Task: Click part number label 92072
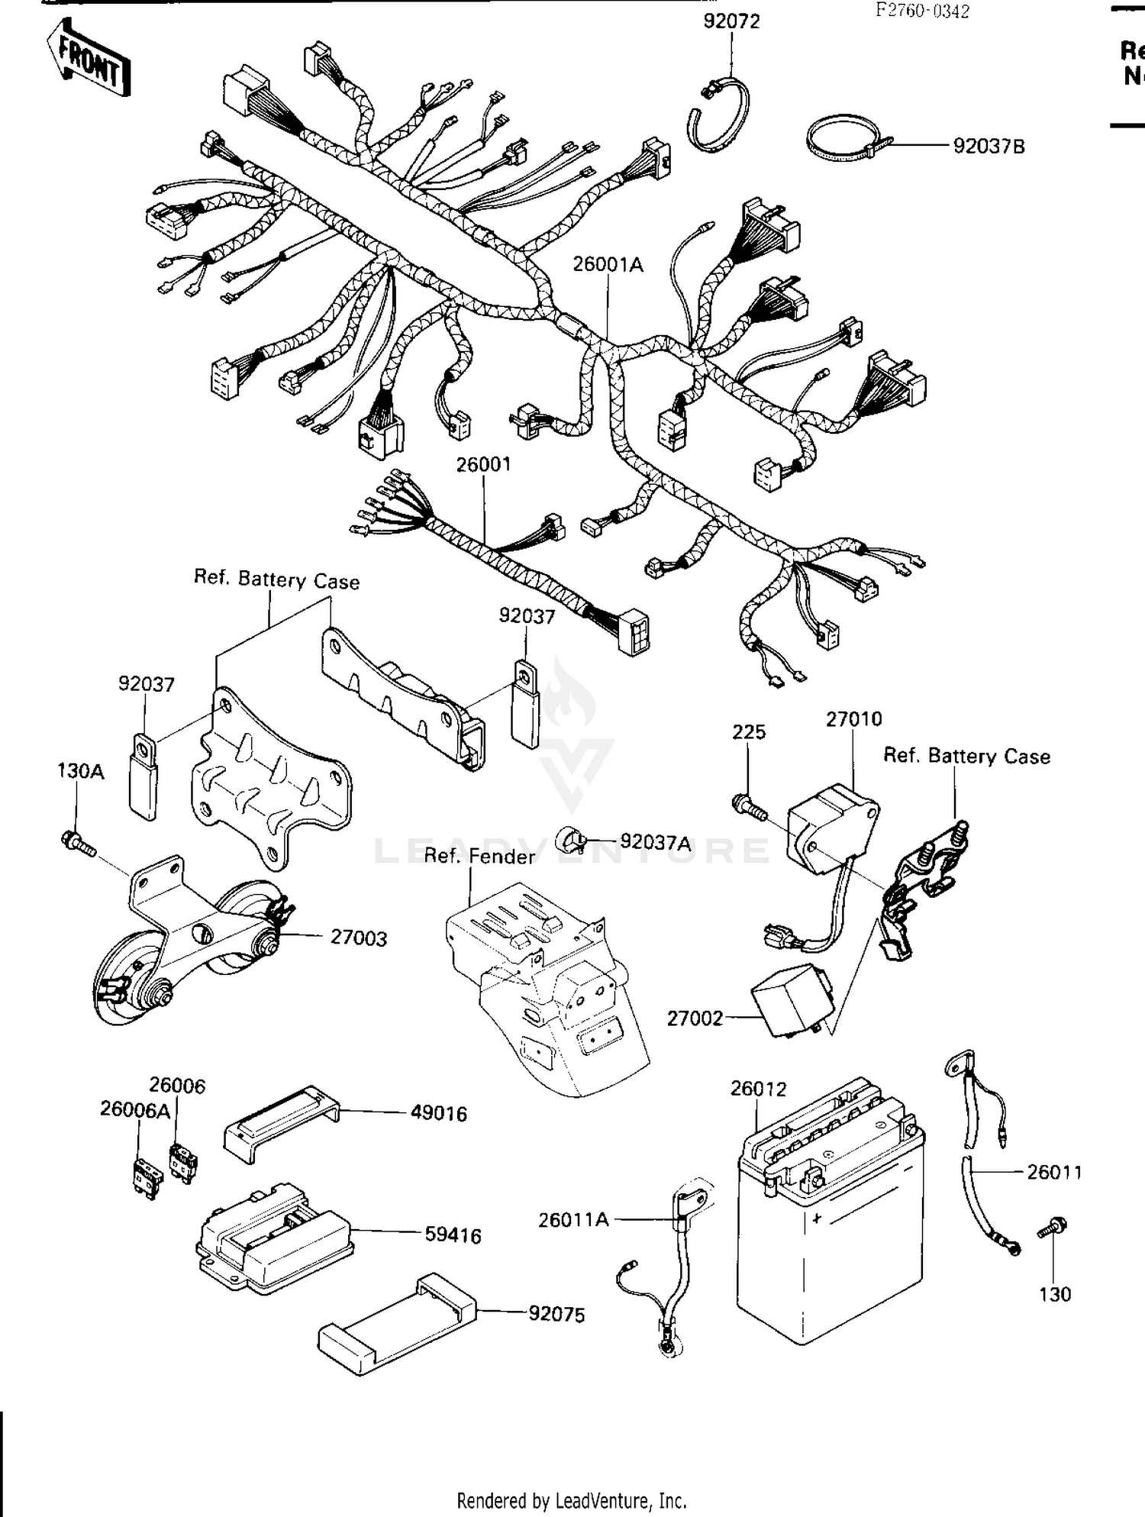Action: coord(731,21)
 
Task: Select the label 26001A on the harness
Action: coord(608,265)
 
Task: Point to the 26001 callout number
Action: coord(483,464)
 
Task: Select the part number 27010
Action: coord(853,719)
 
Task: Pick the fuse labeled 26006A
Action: coord(146,1177)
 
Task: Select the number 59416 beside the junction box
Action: coord(453,1235)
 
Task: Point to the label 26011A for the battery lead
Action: coord(573,1219)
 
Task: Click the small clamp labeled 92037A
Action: coord(572,840)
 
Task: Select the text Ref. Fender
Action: coord(479,857)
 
